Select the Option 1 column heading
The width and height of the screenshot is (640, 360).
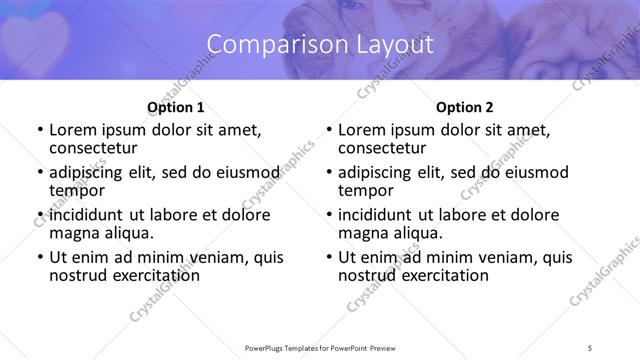175,107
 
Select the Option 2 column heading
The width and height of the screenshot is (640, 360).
464,107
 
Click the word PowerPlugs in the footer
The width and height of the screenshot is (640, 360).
269,347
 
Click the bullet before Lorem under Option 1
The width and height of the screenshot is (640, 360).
39,130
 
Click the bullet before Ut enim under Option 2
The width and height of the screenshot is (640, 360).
328,258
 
